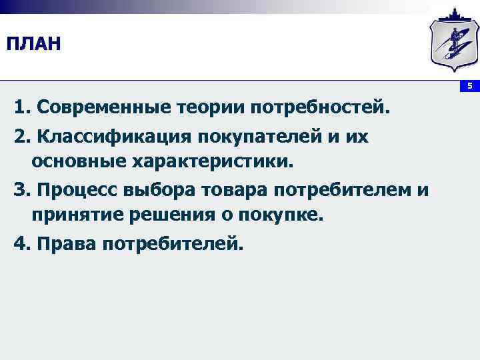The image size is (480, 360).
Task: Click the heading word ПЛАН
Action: (33, 45)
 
